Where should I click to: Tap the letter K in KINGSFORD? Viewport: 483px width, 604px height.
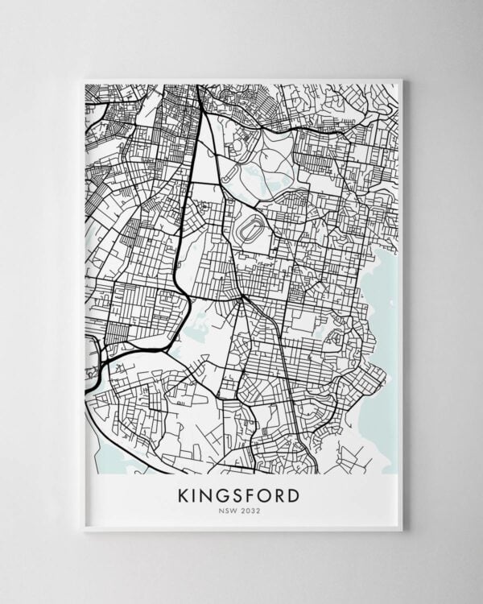click(x=183, y=493)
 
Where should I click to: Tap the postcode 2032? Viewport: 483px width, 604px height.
click(x=250, y=509)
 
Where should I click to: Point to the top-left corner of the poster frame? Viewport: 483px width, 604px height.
click(x=84, y=80)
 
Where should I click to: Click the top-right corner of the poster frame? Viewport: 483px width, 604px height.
click(x=401, y=80)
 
